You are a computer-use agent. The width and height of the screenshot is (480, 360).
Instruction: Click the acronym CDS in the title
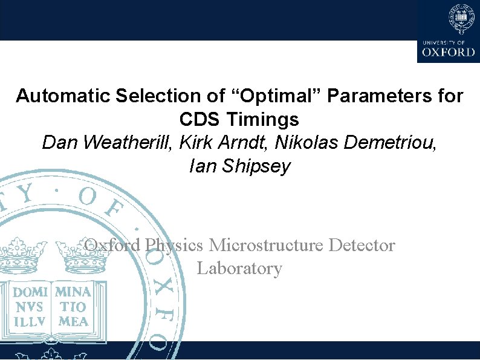pyautogui.click(x=200, y=119)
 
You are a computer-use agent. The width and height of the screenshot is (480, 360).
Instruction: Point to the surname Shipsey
pyautogui.click(x=257, y=166)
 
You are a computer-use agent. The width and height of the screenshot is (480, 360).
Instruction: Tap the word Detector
pyautogui.click(x=362, y=245)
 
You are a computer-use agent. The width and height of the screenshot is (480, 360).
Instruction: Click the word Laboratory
pyautogui.click(x=239, y=268)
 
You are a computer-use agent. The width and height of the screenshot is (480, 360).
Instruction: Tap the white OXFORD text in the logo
pyautogui.click(x=449, y=52)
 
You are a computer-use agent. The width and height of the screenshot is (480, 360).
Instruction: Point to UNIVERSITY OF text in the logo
pyautogui.click(x=444, y=42)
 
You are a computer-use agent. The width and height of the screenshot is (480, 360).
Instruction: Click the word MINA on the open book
pyautogui.click(x=73, y=291)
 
